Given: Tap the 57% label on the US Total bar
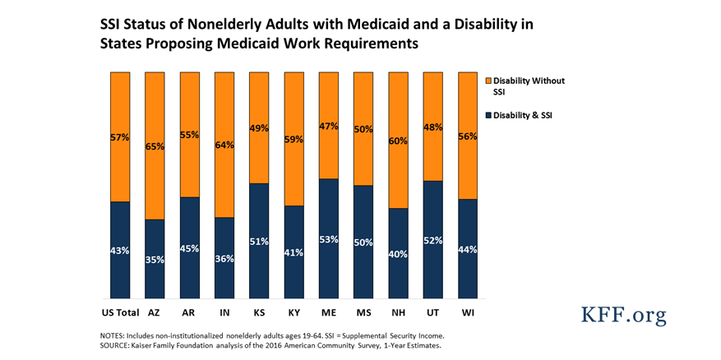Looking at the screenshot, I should pyautogui.click(x=120, y=138).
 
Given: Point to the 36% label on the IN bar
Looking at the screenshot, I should pyautogui.click(x=224, y=259).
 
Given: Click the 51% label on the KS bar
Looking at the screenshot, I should pyautogui.click(x=258, y=242).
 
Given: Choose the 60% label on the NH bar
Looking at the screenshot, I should pyautogui.click(x=398, y=141).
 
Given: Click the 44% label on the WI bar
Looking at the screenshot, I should pyautogui.click(x=467, y=249).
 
